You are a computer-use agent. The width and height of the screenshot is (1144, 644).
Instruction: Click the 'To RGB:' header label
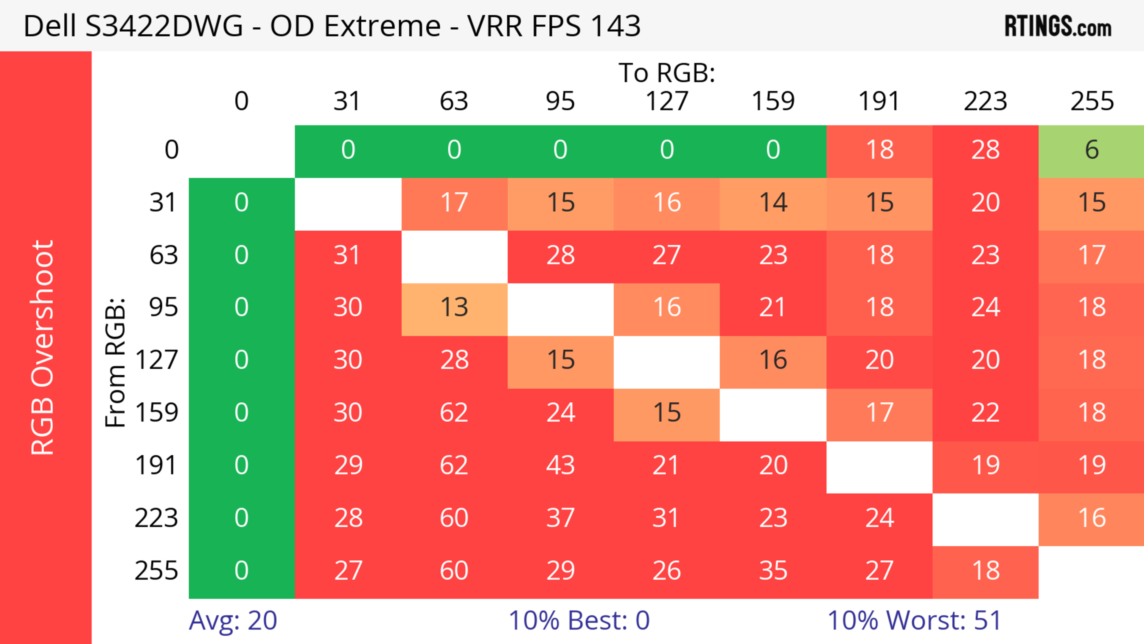667,73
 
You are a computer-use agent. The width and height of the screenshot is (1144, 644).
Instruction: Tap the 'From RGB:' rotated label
116,362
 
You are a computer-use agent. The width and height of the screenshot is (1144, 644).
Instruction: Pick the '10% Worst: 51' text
914,620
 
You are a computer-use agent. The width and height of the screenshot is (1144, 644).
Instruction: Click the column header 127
667,101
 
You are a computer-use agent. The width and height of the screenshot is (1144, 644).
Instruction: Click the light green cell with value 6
1092,150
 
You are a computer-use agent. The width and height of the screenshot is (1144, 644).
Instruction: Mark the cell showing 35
773,571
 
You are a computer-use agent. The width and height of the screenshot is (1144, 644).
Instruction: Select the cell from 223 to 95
560,518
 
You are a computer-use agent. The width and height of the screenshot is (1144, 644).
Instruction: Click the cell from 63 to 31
348,255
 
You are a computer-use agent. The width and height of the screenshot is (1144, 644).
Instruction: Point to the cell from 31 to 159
773,203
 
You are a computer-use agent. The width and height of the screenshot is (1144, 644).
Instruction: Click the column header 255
1092,101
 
